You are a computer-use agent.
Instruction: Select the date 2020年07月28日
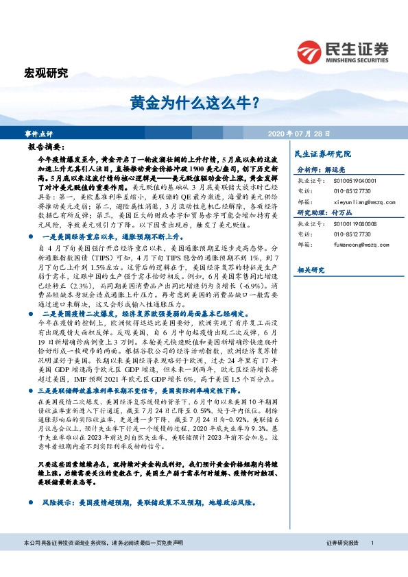coord(298,133)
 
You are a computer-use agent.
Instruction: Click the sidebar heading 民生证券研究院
coord(322,154)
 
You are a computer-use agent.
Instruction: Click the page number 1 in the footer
coord(372,562)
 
